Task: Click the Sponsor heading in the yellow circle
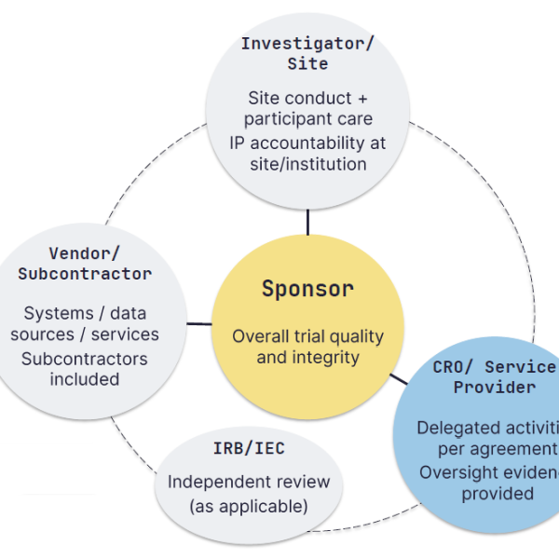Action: point(307,289)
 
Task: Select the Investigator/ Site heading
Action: point(307,54)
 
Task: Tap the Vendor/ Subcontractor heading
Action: point(85,264)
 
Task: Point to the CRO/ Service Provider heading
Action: point(495,377)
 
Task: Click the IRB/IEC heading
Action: point(249,449)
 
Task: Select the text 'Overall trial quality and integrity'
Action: point(307,347)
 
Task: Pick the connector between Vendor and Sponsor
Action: point(199,324)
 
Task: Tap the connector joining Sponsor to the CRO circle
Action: point(398,378)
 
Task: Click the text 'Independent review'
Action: point(249,482)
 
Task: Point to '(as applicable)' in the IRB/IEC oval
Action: point(249,507)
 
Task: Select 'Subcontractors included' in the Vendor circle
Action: point(85,369)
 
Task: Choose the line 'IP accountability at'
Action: point(307,143)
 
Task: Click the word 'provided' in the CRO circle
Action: point(498,494)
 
